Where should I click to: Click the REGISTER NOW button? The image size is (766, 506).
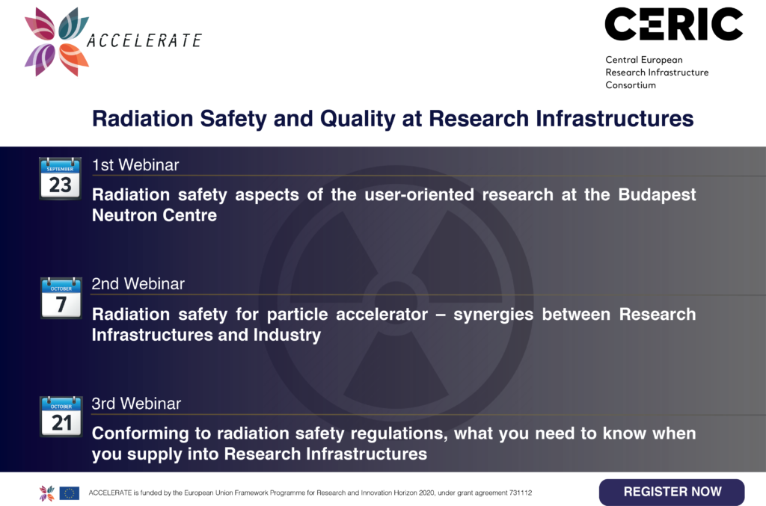coord(672,492)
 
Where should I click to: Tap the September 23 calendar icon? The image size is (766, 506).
coord(60,179)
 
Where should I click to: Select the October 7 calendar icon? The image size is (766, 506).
coord(61,297)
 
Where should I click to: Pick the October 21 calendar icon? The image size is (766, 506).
coord(61,416)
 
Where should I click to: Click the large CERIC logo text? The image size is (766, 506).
coord(674,24)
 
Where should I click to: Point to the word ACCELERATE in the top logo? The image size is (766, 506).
coord(144,40)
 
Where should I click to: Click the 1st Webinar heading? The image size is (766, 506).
coord(135,165)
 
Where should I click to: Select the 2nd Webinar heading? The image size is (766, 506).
coord(138,284)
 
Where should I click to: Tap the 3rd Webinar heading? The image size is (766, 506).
coord(136,404)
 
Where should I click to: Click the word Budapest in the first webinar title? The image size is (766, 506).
coord(657,194)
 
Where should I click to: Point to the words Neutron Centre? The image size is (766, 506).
coord(154,215)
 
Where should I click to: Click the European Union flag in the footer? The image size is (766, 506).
coord(70,493)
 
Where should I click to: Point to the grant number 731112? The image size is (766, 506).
coord(521,493)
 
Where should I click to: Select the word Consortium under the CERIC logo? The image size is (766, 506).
coord(631,85)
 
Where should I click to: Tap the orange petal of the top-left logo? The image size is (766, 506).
coord(74,59)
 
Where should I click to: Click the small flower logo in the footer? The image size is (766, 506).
coord(47,493)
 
